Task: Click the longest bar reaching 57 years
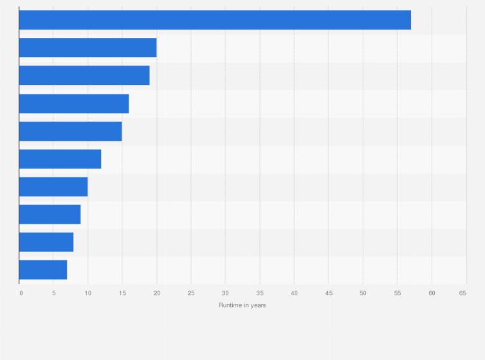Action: click(215, 20)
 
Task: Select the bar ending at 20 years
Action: click(87, 48)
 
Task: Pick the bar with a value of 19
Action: click(84, 75)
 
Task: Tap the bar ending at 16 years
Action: click(74, 104)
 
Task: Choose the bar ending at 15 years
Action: click(70, 131)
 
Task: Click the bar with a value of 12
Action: click(60, 159)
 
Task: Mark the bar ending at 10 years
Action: click(53, 186)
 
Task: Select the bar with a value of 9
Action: click(50, 214)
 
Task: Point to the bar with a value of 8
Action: click(46, 242)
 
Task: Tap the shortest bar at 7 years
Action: click(43, 270)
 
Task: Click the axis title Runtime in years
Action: click(242, 305)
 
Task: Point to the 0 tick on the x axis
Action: click(21, 293)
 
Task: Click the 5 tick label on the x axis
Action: click(53, 293)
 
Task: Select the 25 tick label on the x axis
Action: click(191, 293)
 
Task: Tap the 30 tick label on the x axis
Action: click(225, 293)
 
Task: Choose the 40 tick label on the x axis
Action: click(294, 293)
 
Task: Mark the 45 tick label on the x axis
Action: click(329, 293)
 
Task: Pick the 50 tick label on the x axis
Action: click(363, 293)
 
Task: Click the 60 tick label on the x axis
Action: click(432, 293)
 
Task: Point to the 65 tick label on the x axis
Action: click(462, 293)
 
